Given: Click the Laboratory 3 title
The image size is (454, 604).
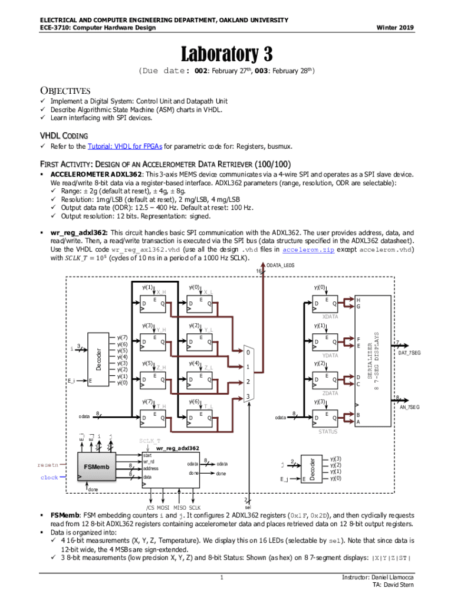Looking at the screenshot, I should [226, 54].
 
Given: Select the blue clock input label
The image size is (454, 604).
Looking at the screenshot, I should [50, 477].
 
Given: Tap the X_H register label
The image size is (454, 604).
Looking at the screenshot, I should [160, 292].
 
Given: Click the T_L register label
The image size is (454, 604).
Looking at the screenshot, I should [209, 406].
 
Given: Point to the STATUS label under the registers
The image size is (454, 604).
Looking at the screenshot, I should [328, 431].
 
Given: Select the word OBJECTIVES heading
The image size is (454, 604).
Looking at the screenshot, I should [65, 91].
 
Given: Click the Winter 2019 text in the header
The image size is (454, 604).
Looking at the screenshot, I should [396, 28].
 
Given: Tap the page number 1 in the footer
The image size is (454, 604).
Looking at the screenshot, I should [220, 577].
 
